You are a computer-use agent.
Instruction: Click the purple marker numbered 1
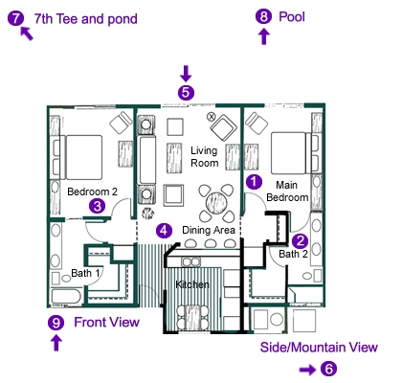tap(254, 179)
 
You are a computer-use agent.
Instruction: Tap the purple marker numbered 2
tap(300, 241)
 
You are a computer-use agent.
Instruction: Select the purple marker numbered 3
tap(97, 205)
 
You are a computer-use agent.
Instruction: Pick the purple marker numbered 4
tap(165, 230)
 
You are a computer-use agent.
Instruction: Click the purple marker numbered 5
tap(186, 93)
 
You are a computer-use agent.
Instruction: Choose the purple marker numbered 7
tap(14, 16)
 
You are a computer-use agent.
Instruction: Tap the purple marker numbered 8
tap(263, 15)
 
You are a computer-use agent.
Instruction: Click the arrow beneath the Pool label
tap(264, 37)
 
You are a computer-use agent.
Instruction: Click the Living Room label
tap(205, 157)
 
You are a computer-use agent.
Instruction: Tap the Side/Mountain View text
tap(319, 347)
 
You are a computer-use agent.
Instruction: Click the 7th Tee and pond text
tap(86, 18)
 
